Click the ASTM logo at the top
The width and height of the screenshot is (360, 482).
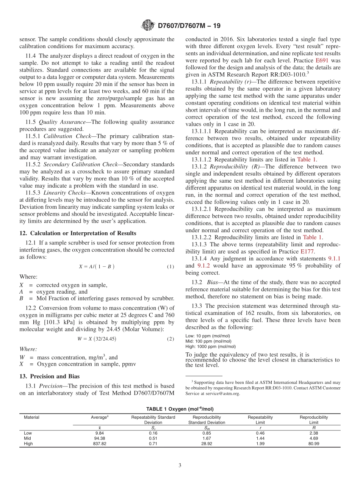pyautogui.click(x=147, y=26)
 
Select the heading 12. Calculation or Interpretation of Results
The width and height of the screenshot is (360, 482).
pyautogui.click(x=78, y=233)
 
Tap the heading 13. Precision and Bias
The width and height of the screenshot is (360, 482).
pyautogui.click(x=50, y=376)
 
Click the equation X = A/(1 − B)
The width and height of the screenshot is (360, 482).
pyautogui.click(x=97, y=267)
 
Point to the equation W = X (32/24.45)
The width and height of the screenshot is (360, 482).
pyautogui.click(x=97, y=339)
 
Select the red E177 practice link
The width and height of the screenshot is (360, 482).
pyautogui.click(x=307, y=251)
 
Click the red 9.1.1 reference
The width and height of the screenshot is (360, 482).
pyautogui.click(x=334, y=258)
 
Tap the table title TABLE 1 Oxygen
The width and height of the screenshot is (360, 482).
pyautogui.click(x=180, y=409)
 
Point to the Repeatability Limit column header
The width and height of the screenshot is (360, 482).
pyautogui.click(x=260, y=420)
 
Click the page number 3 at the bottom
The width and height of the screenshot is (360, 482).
pyautogui.click(x=180, y=466)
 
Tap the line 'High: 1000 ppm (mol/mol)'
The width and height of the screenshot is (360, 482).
pyautogui.click(x=210, y=346)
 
